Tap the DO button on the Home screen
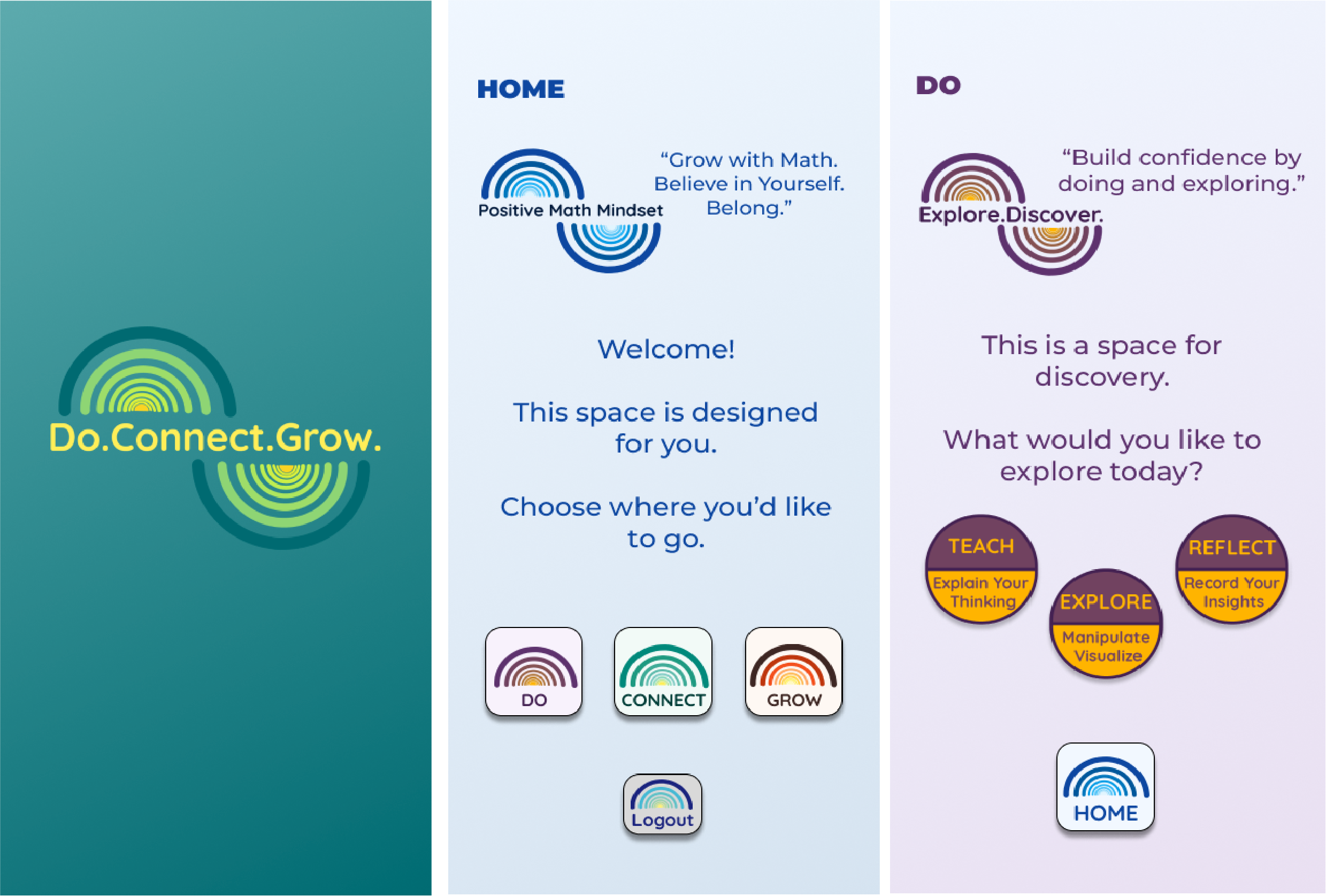click(x=533, y=671)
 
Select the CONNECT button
click(x=663, y=671)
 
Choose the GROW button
click(x=794, y=671)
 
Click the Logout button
click(x=662, y=803)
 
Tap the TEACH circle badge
click(x=982, y=569)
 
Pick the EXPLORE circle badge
click(x=1106, y=623)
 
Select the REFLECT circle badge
click(x=1232, y=569)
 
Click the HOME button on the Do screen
click(x=1105, y=786)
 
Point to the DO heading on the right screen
click(x=939, y=86)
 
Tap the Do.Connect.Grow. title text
click(x=215, y=438)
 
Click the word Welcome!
click(x=666, y=349)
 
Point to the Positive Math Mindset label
click(x=571, y=210)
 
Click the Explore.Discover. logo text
click(x=1010, y=215)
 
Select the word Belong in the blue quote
click(x=743, y=208)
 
